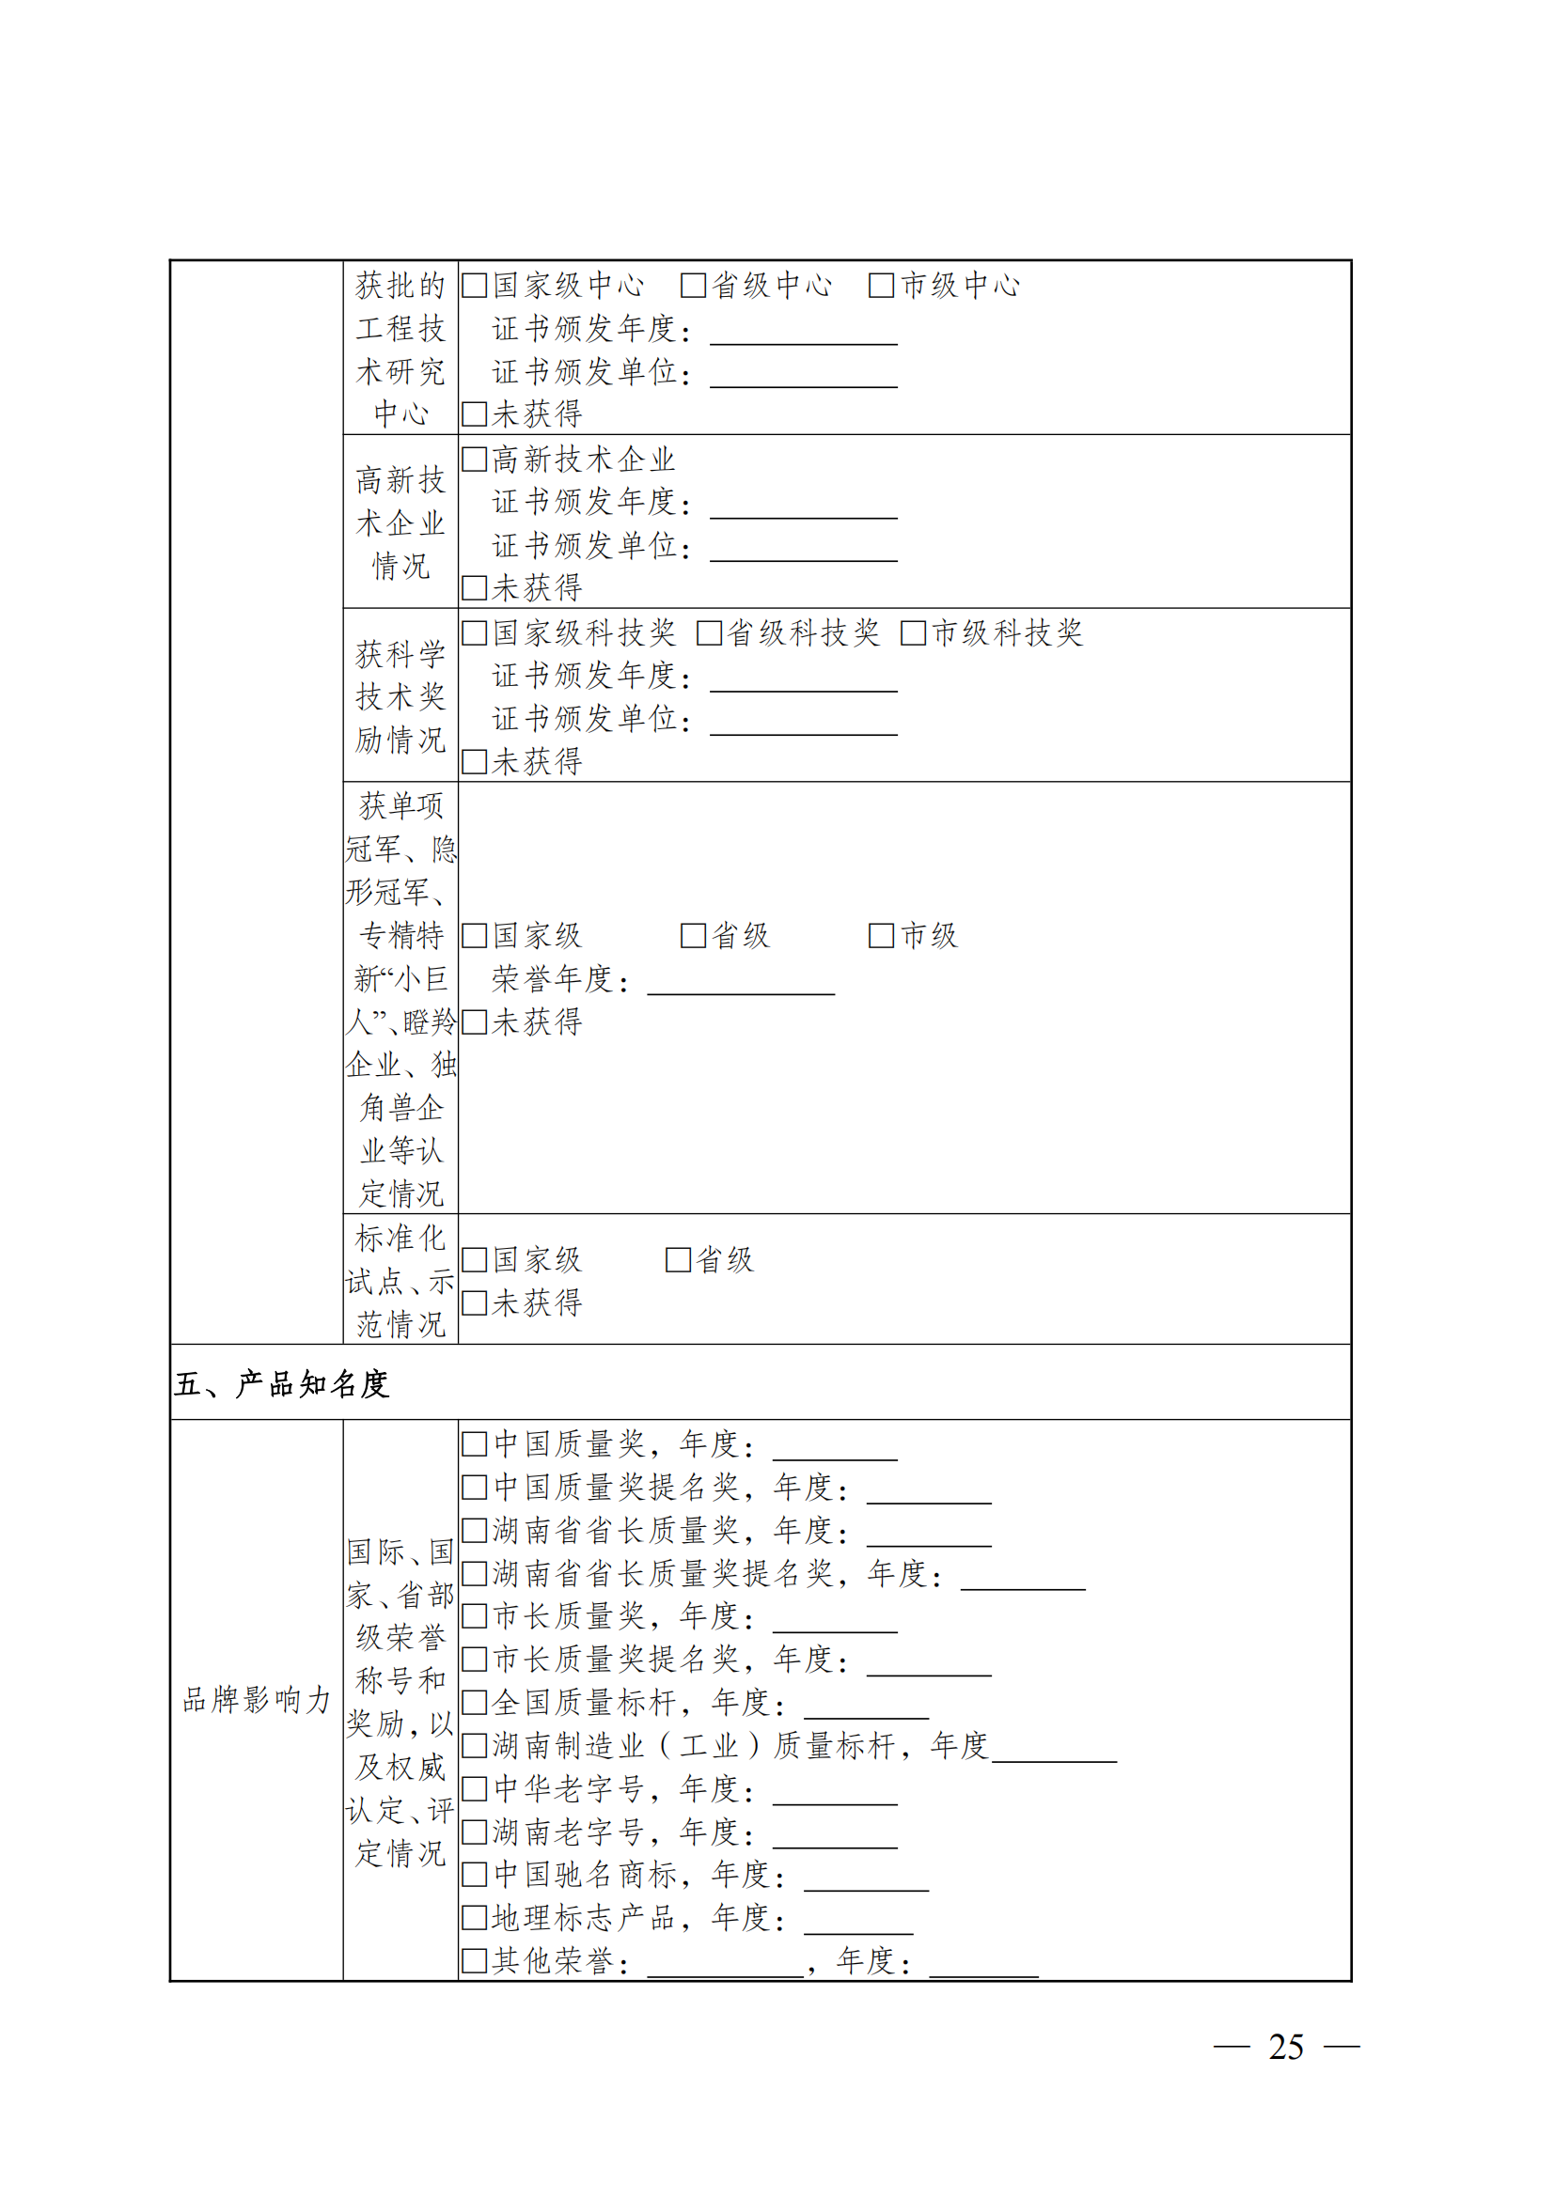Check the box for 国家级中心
coord(474,286)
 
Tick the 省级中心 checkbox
coord(692,286)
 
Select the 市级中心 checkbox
coord(881,286)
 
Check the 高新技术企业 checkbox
coord(474,460)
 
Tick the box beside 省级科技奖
coord(709,632)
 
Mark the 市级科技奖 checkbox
coord(914,632)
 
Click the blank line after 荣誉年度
coord(740,983)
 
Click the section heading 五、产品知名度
coord(281,1383)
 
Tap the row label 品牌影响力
coord(257,1699)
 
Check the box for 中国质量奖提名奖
coord(474,1487)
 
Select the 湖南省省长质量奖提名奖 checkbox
coord(474,1573)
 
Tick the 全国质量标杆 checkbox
coord(474,1702)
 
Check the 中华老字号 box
coord(474,1788)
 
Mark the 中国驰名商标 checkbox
coord(474,1875)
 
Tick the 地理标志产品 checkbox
coord(474,1918)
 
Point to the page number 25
coord(1285,2047)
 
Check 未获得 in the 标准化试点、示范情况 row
coord(474,1302)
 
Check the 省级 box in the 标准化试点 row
coord(678,1260)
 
